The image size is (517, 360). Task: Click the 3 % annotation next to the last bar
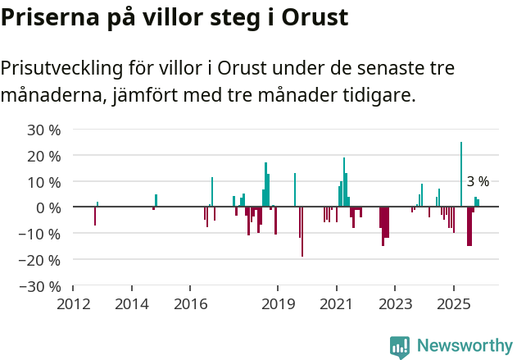(x=478, y=181)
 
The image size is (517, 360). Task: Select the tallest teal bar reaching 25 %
(x=461, y=174)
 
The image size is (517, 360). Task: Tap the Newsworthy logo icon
(x=400, y=347)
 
